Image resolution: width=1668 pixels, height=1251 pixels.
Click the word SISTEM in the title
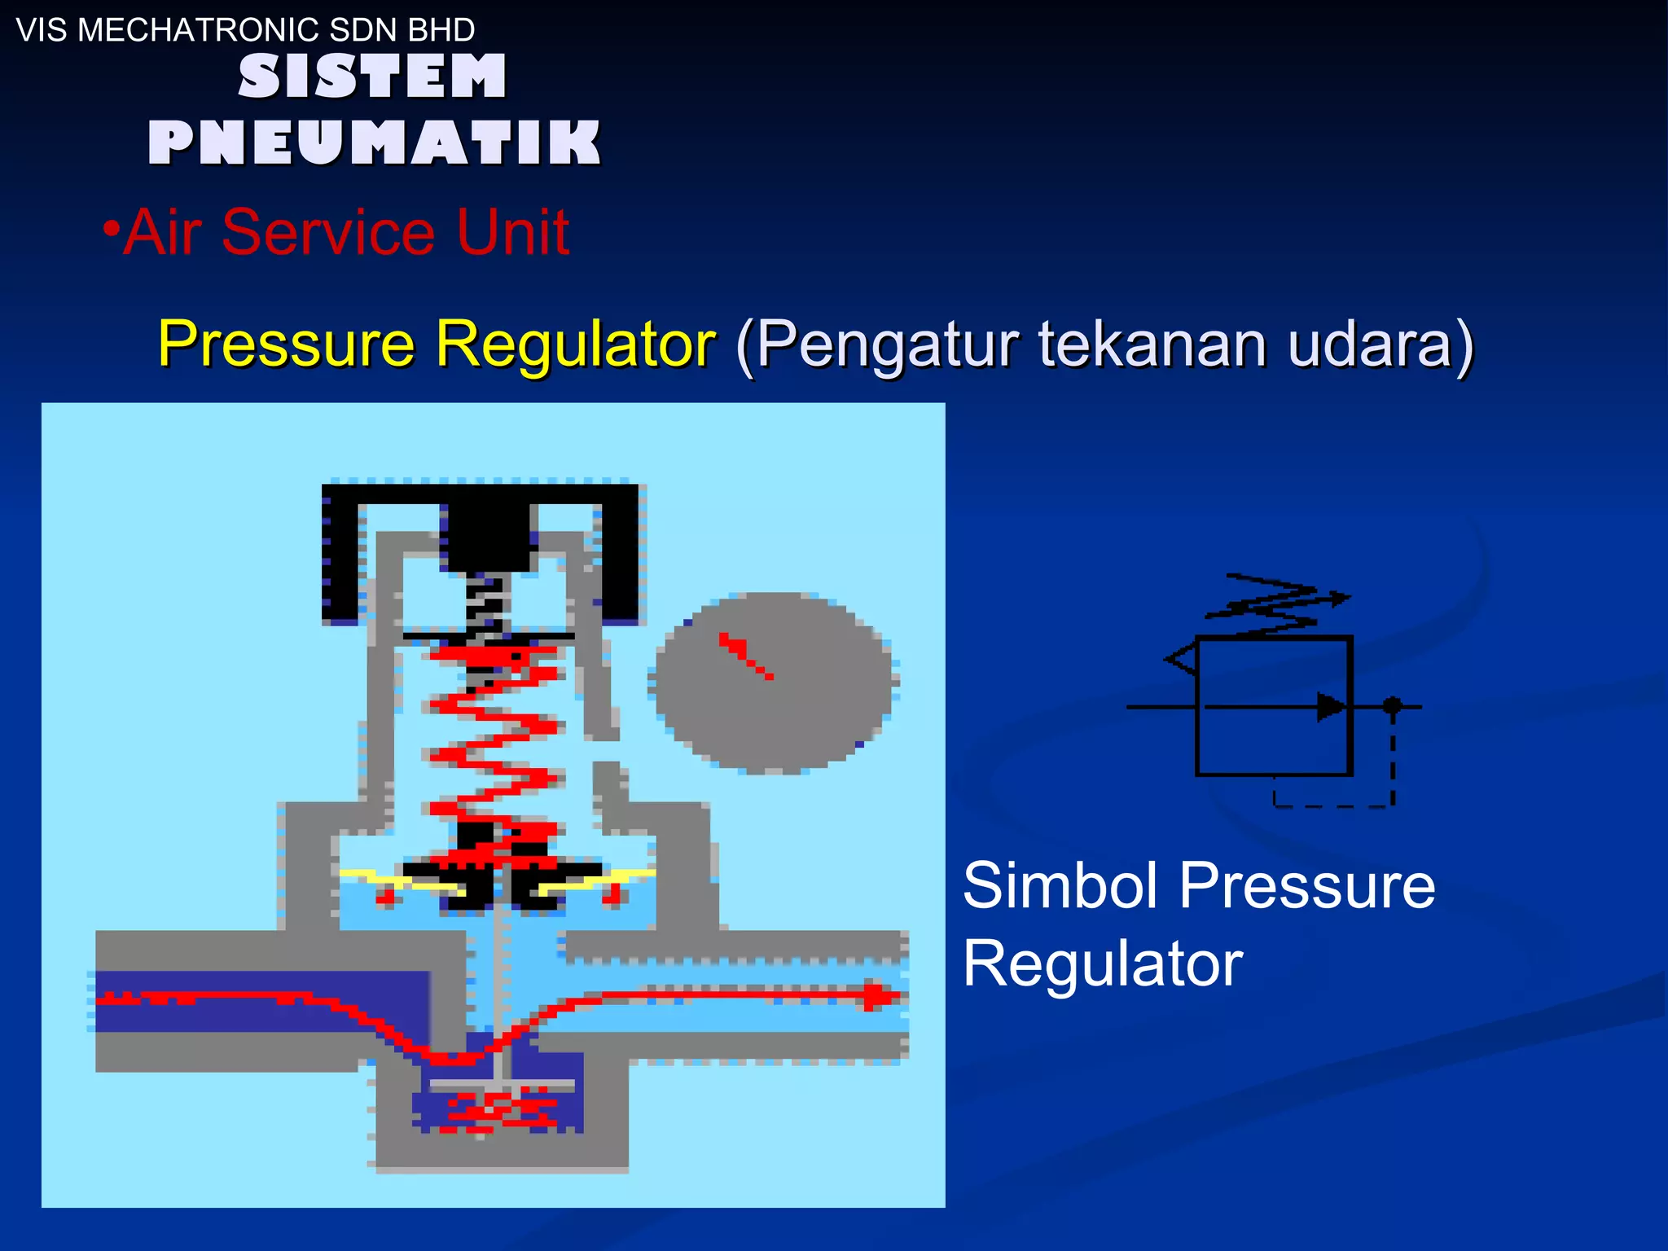[372, 77]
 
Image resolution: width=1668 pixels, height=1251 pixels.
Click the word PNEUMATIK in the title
[374, 143]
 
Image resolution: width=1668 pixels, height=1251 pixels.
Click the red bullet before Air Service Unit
[112, 228]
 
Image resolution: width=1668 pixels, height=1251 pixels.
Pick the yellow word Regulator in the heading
[575, 344]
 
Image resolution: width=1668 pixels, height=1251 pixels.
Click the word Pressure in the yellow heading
[287, 344]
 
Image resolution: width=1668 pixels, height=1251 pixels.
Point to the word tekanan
[1152, 344]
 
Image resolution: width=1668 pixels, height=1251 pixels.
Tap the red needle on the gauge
[745, 655]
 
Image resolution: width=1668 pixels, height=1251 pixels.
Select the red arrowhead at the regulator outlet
[878, 995]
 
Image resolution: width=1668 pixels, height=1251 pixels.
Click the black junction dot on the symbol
[1393, 705]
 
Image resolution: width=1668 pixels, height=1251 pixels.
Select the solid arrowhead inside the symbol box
[1331, 706]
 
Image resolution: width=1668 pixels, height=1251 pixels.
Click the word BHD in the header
[441, 30]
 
